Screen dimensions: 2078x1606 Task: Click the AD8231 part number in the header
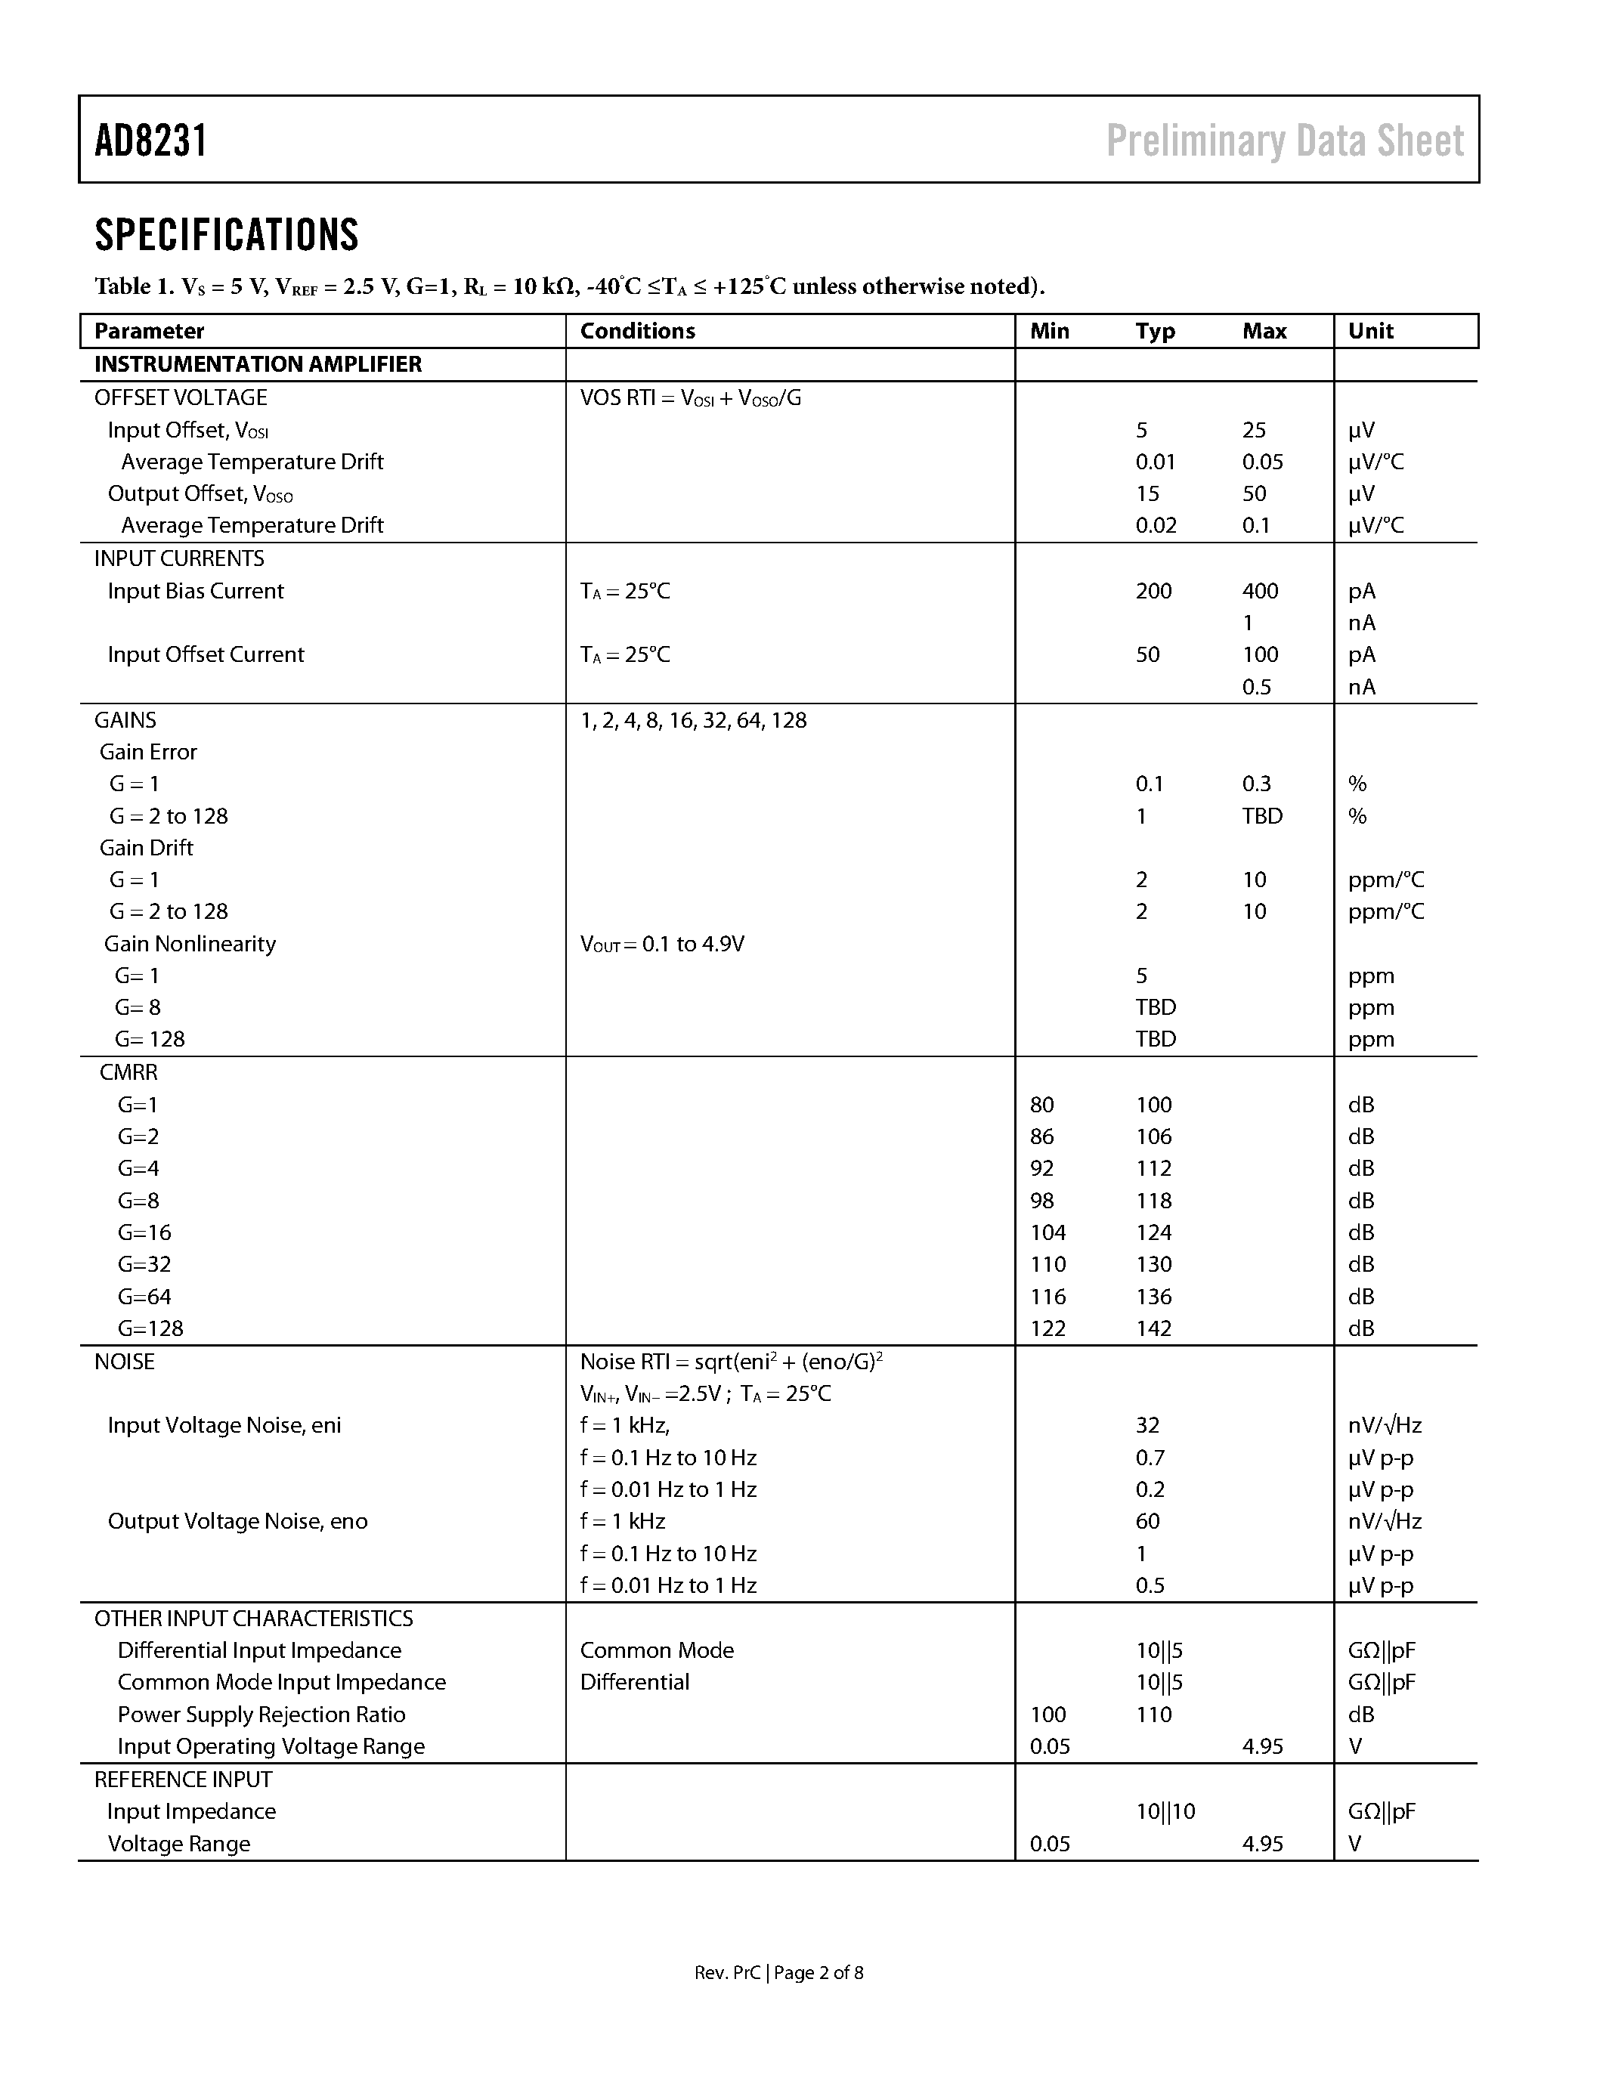[150, 141]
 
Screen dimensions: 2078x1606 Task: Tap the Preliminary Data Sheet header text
[1284, 141]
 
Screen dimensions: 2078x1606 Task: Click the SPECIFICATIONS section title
[227, 235]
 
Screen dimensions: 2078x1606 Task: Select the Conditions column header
[637, 331]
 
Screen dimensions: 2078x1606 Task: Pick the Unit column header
[1370, 331]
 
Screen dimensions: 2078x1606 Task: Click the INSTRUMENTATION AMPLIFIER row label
[258, 364]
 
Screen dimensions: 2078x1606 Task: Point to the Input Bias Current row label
[195, 591]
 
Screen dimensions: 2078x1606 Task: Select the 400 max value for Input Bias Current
[1260, 591]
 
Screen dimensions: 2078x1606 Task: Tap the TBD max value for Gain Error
[1261, 816]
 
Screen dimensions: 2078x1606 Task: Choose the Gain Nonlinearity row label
[190, 944]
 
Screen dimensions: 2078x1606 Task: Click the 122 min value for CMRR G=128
[1047, 1328]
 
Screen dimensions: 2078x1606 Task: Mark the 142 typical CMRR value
[1153, 1328]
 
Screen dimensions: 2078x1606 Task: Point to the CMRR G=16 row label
[144, 1233]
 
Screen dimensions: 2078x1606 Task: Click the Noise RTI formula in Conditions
[731, 1362]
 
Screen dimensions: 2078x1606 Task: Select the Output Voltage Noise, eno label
[237, 1521]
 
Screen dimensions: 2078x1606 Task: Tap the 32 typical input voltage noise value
[1147, 1425]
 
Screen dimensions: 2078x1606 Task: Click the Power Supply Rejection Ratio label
[261, 1715]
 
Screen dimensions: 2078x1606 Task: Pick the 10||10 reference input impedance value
[1165, 1811]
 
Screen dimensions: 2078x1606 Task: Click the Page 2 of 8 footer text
[818, 1972]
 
